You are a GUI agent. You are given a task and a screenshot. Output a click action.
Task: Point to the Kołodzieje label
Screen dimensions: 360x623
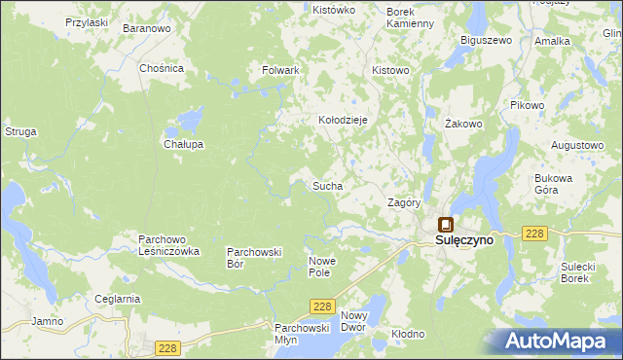tap(343, 120)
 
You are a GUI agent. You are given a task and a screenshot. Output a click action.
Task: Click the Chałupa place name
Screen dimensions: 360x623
tap(183, 144)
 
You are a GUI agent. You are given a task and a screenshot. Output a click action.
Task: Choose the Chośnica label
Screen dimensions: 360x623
tap(162, 69)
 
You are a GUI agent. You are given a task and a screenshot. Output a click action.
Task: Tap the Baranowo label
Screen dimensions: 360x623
tap(147, 29)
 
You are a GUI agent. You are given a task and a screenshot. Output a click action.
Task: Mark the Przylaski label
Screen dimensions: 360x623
tap(86, 21)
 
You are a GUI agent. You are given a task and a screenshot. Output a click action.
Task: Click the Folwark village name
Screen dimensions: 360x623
tap(280, 71)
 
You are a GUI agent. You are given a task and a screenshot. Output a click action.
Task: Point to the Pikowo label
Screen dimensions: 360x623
tap(527, 105)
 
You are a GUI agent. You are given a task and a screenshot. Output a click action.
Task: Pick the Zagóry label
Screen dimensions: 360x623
tap(403, 203)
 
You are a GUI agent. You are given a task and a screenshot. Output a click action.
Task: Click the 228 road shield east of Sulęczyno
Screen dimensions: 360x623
tap(532, 234)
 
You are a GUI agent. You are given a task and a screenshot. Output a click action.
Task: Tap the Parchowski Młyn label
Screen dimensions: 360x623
tap(301, 334)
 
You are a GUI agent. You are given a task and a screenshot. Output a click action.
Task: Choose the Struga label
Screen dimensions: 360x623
tap(20, 130)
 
